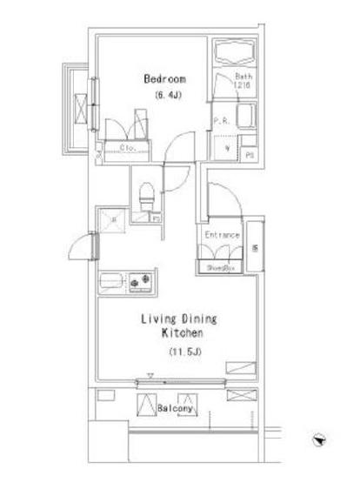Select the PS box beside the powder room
250,155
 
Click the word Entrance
222,236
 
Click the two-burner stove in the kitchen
141,282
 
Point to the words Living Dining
180,319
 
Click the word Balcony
177,407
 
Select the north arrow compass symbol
321,441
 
